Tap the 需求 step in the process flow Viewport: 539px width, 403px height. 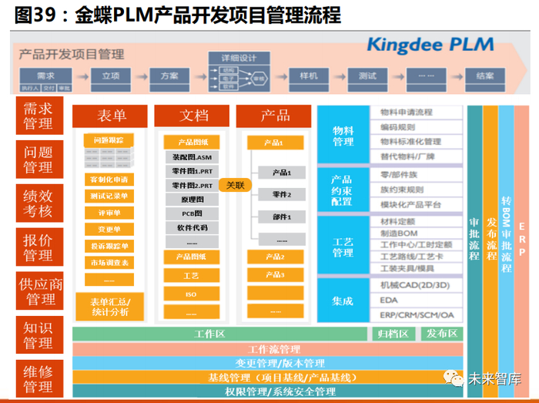tap(45, 76)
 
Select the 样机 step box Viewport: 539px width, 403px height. tap(308, 76)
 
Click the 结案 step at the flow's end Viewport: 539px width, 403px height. tap(485, 76)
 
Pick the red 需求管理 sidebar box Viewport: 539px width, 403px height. tap(38, 116)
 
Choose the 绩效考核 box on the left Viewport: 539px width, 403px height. tap(38, 203)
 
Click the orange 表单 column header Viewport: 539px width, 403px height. tap(111, 116)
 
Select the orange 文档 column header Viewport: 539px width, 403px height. tap(193, 116)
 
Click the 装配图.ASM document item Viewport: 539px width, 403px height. tap(192, 156)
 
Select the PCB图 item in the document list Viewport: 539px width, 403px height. tap(192, 213)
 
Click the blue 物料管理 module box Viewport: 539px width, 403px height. tap(343, 135)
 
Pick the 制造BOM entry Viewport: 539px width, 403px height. tap(398, 233)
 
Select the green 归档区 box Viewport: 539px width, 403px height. tap(393, 334)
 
